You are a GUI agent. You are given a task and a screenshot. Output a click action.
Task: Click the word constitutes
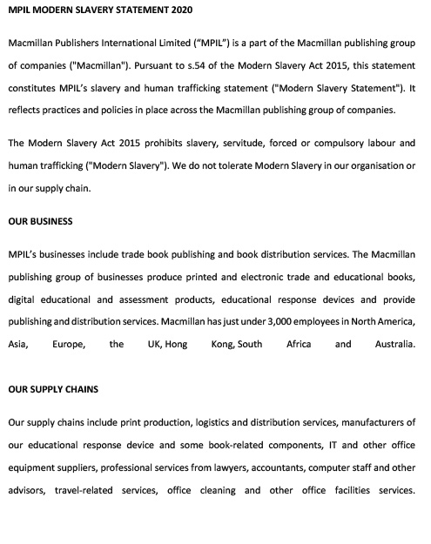pos(34,87)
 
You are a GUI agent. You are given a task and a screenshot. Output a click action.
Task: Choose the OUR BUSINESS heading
pos(40,221)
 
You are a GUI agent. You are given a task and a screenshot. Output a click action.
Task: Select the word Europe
pos(68,345)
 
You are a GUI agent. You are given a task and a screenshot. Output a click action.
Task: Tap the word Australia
pos(394,345)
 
